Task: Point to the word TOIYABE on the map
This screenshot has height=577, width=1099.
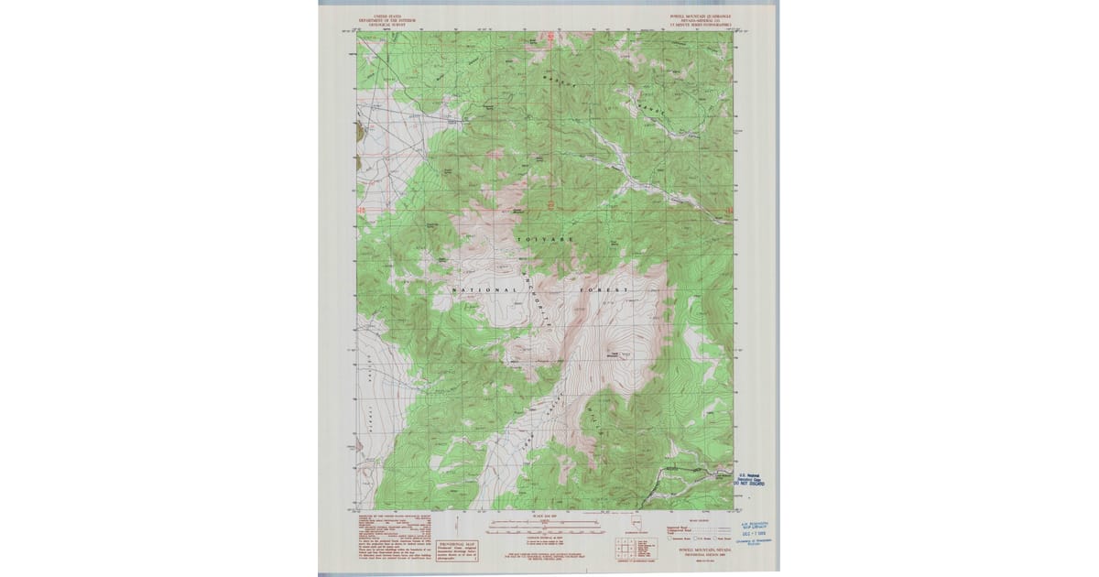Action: point(546,239)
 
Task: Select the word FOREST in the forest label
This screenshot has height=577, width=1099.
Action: point(604,290)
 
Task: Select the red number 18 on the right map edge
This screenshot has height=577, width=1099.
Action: point(729,212)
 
